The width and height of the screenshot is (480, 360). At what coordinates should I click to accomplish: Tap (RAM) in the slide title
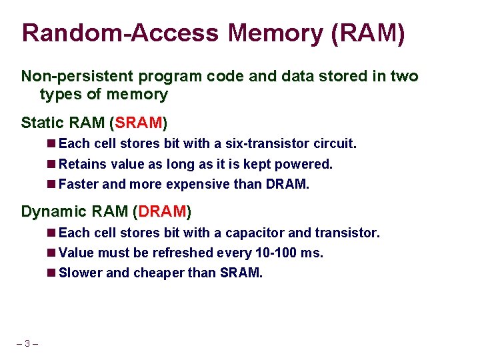click(368, 33)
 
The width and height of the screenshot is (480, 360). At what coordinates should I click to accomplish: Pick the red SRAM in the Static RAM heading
click(139, 123)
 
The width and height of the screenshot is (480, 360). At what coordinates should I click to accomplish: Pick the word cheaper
click(160, 273)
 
